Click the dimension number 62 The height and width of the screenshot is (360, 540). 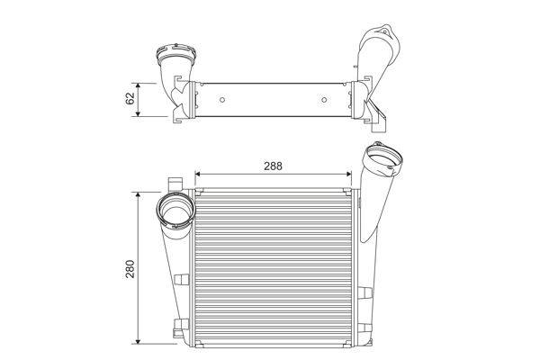[130, 98]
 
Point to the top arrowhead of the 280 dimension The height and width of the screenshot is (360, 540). [136, 194]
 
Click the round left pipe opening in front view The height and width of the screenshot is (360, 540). [174, 214]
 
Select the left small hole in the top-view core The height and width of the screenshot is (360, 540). [216, 94]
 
